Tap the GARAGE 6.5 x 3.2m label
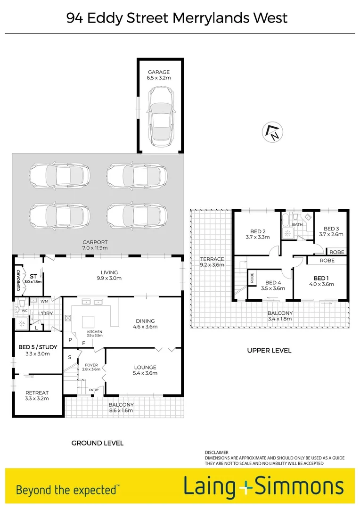point(160,75)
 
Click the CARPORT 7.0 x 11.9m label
point(95,245)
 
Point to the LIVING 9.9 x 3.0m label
point(109,275)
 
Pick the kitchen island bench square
point(89,322)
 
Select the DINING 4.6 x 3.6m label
point(144,324)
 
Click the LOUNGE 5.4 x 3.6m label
point(145,370)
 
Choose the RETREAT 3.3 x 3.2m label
point(37,395)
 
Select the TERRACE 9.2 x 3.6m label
point(212,262)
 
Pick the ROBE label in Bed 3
point(336,252)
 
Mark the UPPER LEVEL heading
point(269,351)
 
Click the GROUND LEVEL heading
point(97,443)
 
